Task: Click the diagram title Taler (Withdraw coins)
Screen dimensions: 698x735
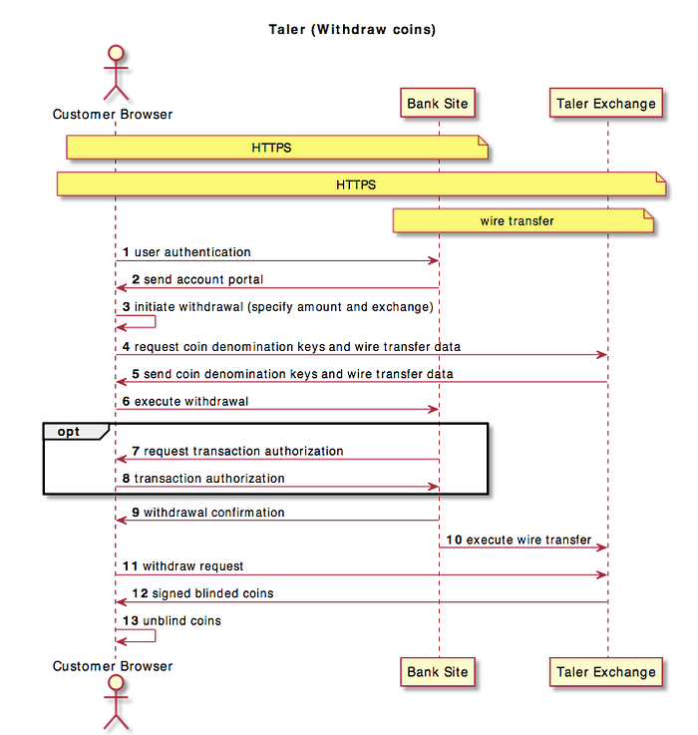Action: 352,30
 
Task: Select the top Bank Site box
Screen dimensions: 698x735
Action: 438,103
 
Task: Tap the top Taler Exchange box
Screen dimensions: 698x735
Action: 606,103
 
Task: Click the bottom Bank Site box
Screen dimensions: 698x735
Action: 438,672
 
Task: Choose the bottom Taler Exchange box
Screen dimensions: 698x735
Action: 606,672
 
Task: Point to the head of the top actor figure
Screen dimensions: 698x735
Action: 116,53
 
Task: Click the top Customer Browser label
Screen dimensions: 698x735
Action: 113,115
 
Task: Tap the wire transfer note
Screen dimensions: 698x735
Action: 523,220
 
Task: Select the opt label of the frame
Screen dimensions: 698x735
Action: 69,431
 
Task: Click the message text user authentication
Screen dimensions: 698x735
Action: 192,252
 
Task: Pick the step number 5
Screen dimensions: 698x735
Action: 136,374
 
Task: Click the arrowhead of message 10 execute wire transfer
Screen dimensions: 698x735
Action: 602,548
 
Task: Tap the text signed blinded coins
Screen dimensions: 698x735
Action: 212,593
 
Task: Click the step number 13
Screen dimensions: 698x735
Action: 131,620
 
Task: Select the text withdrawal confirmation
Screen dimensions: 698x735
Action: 214,513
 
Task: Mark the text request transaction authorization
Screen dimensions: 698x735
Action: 243,451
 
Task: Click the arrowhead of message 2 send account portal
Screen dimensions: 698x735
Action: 122,288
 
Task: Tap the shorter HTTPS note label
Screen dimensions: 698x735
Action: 271,148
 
